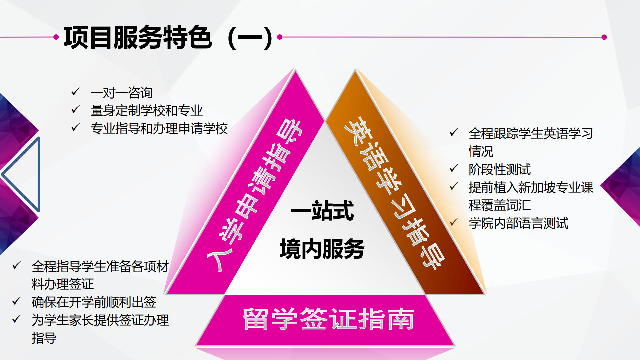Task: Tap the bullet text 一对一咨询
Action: click(122, 93)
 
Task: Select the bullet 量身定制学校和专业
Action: click(147, 111)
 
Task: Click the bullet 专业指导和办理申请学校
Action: click(159, 129)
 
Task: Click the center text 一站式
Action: click(322, 211)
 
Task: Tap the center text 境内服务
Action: click(322, 249)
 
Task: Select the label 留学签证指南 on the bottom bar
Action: click(328, 319)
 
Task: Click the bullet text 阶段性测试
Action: click(500, 169)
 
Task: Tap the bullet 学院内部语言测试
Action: click(518, 223)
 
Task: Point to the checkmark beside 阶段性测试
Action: click(454, 168)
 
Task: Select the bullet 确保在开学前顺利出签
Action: click(94, 302)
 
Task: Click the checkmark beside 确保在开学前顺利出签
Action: click(17, 301)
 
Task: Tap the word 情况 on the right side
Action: click(481, 151)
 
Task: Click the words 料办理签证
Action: click(63, 284)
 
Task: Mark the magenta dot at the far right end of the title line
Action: click(604, 37)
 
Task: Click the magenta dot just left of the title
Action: click(56, 37)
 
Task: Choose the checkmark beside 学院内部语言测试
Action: click(454, 222)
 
